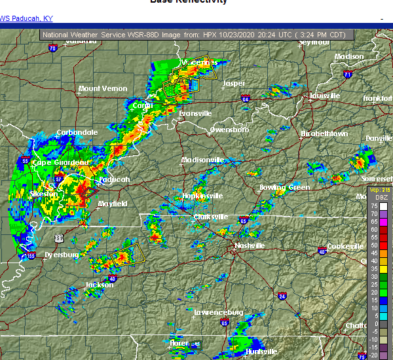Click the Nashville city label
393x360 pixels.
tap(250, 246)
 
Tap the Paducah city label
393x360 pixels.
tap(115, 179)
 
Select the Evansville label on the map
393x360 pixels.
tap(195, 113)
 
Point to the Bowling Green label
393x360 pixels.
tap(284, 187)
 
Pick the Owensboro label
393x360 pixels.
tap(229, 130)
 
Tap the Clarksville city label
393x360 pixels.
tap(210, 217)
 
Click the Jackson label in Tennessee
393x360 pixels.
tap(99, 285)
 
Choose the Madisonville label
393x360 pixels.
tap(202, 160)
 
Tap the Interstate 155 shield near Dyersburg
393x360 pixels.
tap(31, 256)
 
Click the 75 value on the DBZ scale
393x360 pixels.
tap(375, 206)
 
